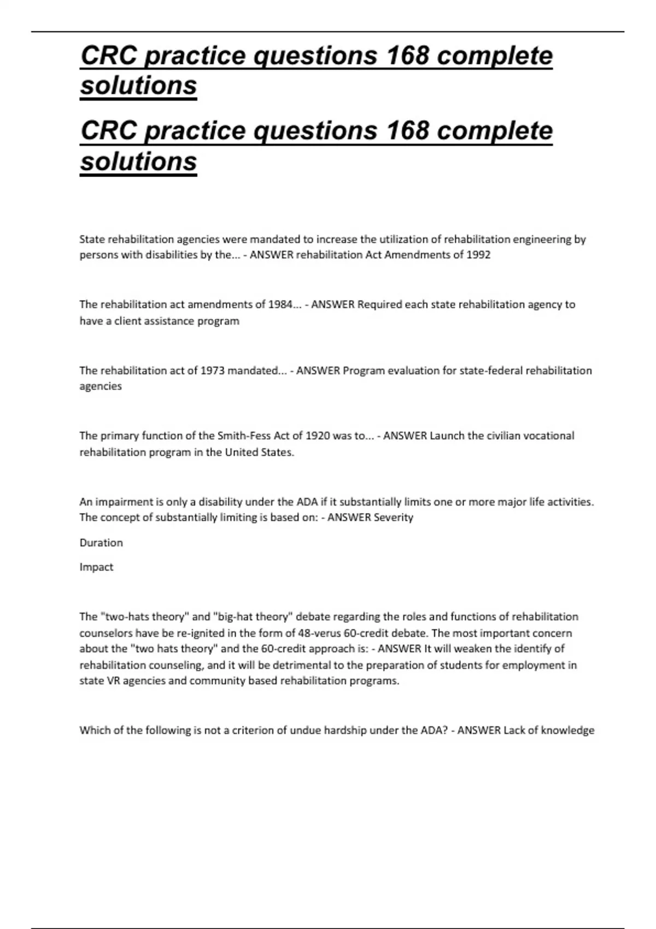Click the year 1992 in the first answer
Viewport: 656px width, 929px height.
[x=478, y=255]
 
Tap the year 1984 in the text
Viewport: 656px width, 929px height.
[x=280, y=304]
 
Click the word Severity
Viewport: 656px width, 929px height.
[x=393, y=518]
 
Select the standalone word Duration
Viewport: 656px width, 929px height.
[x=101, y=543]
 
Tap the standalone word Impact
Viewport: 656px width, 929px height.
[x=96, y=567]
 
